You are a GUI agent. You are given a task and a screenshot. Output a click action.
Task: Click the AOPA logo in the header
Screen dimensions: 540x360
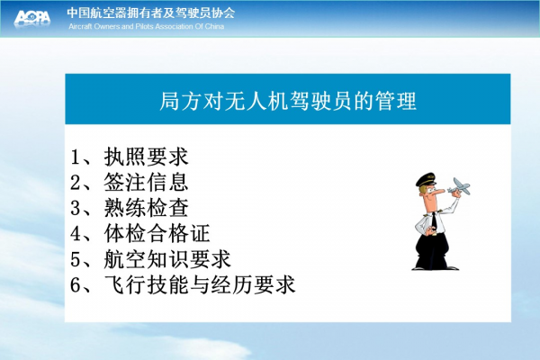pos(32,17)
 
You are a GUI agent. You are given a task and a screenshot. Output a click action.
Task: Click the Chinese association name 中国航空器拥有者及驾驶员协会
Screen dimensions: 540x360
pos(151,13)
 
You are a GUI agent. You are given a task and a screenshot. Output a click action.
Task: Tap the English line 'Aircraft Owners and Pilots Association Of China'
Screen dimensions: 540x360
pos(147,26)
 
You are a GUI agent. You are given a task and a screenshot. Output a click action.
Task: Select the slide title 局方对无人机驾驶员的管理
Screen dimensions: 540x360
pos(288,101)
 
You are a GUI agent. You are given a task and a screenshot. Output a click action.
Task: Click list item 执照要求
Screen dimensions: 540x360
pos(147,157)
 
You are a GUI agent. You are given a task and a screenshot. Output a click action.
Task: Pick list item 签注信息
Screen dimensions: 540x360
pos(147,182)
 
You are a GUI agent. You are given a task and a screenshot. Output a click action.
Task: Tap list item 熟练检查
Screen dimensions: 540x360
pos(147,208)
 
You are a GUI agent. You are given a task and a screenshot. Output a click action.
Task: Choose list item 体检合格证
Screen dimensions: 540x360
pos(157,233)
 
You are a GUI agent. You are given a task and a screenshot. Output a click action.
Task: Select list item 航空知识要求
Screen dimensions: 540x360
pos(167,259)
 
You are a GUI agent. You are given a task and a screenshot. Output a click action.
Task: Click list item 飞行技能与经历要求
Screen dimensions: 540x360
pos(200,284)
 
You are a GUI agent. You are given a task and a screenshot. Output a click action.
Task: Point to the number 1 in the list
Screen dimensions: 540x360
pos(75,157)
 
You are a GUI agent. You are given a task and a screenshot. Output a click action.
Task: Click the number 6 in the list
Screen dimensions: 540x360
pos(76,285)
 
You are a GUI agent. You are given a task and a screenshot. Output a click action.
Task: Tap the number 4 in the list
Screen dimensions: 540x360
pos(76,234)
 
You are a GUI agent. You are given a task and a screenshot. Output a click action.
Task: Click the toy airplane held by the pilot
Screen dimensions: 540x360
pos(459,186)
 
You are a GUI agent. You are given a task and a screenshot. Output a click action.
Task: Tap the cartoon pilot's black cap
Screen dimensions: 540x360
pos(426,179)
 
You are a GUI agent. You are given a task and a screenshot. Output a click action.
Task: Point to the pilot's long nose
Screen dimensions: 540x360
pos(439,191)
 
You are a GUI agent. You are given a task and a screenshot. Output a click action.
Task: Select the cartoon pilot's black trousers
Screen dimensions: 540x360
pos(432,250)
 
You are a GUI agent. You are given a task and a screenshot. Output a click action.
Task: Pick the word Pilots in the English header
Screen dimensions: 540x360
pos(144,26)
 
